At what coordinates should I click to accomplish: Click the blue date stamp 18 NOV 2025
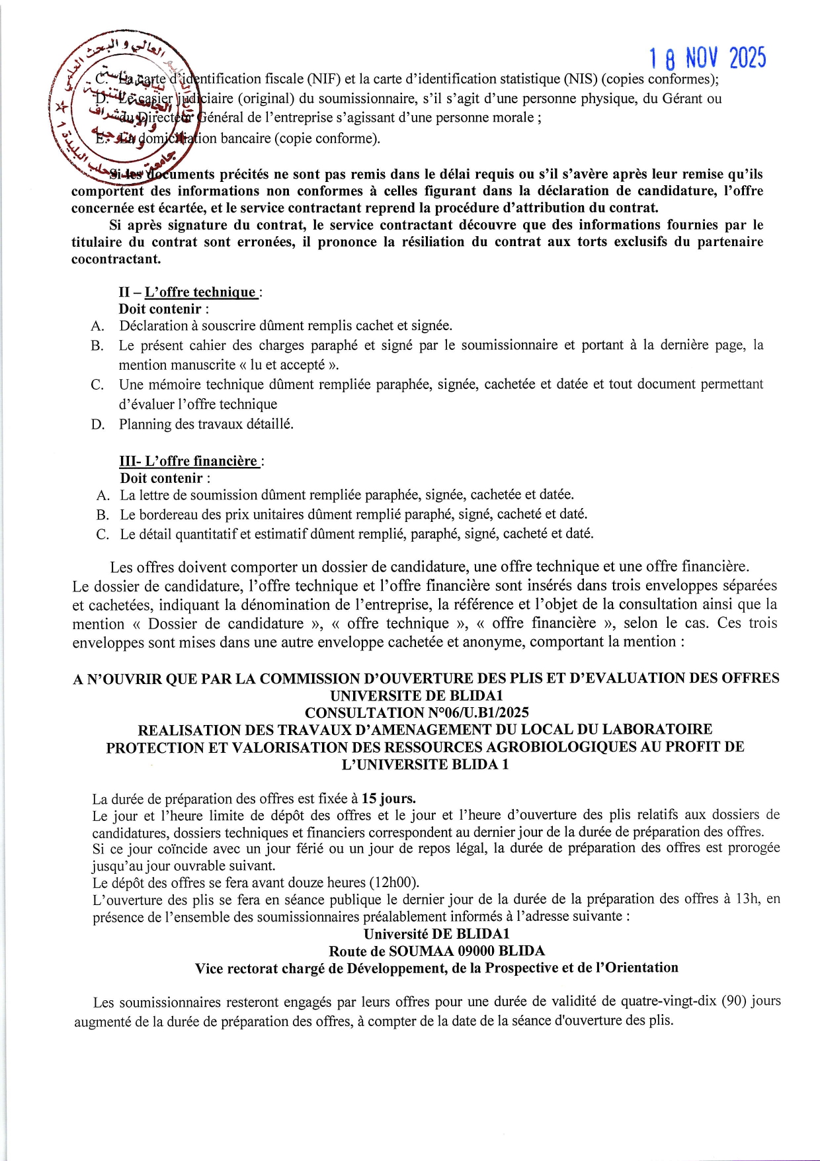coord(708,59)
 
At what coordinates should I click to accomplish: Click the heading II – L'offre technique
coord(190,292)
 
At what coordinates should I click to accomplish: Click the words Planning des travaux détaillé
coord(206,424)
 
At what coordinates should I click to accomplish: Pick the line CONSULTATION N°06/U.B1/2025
coord(417,712)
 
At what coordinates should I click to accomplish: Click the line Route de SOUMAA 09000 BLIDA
coord(436,951)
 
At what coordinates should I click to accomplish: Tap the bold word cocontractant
coord(116,259)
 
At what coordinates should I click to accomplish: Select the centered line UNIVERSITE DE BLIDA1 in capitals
coord(417,695)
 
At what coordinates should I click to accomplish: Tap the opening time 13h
coord(745,899)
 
